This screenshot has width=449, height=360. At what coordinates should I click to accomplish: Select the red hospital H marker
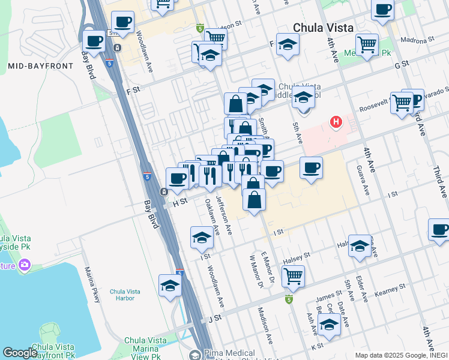click(x=336, y=122)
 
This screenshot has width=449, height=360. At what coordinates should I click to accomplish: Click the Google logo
click(x=20, y=353)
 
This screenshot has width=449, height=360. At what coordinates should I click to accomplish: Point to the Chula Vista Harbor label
click(x=125, y=295)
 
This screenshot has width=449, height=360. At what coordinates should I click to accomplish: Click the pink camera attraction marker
click(x=25, y=264)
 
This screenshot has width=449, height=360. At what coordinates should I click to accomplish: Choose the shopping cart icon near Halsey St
click(x=293, y=276)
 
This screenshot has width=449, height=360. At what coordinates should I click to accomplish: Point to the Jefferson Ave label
click(x=223, y=217)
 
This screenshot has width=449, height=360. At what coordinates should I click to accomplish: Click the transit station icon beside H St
click(x=163, y=191)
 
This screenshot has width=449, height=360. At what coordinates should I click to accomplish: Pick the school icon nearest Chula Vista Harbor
click(x=170, y=286)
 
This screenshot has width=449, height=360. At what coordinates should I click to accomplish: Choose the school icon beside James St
click(x=329, y=325)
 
